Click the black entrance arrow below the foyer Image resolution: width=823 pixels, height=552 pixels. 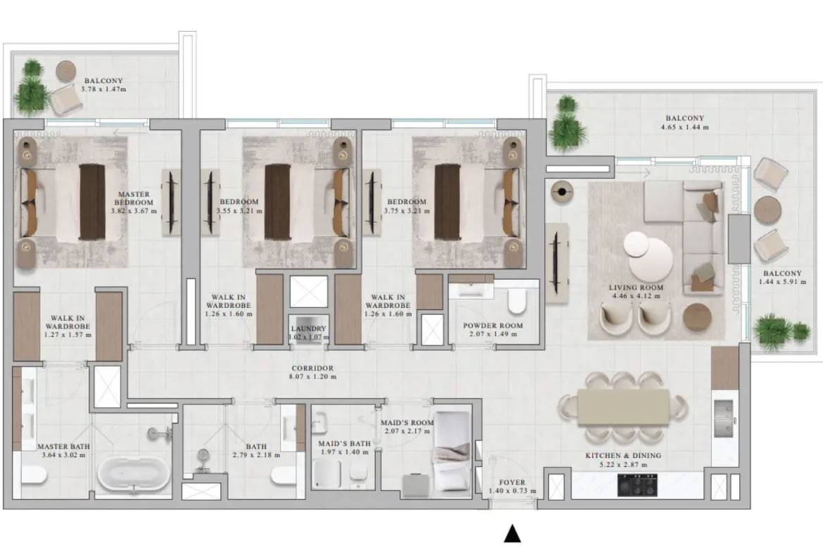(512, 534)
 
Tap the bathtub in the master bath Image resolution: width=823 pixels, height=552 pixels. (134, 475)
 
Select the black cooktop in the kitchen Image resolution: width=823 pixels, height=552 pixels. (637, 484)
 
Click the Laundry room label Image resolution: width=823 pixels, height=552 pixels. (309, 328)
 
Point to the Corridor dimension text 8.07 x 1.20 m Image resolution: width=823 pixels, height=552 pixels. (313, 377)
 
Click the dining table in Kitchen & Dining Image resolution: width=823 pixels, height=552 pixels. (623, 407)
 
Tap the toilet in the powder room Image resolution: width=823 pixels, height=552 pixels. (516, 301)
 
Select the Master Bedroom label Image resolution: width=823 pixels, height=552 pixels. (134, 198)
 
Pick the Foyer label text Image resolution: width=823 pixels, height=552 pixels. (512, 482)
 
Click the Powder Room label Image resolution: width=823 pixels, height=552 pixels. (493, 326)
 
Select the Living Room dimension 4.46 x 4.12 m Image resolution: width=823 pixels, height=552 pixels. (636, 296)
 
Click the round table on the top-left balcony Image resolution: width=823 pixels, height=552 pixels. (66, 70)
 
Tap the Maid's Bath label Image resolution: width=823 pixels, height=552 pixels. (344, 444)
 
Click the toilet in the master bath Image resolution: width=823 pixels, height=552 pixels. (34, 475)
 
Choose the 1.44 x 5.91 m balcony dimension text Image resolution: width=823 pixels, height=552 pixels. (783, 282)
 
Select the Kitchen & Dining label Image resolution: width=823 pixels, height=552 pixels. (623, 456)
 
